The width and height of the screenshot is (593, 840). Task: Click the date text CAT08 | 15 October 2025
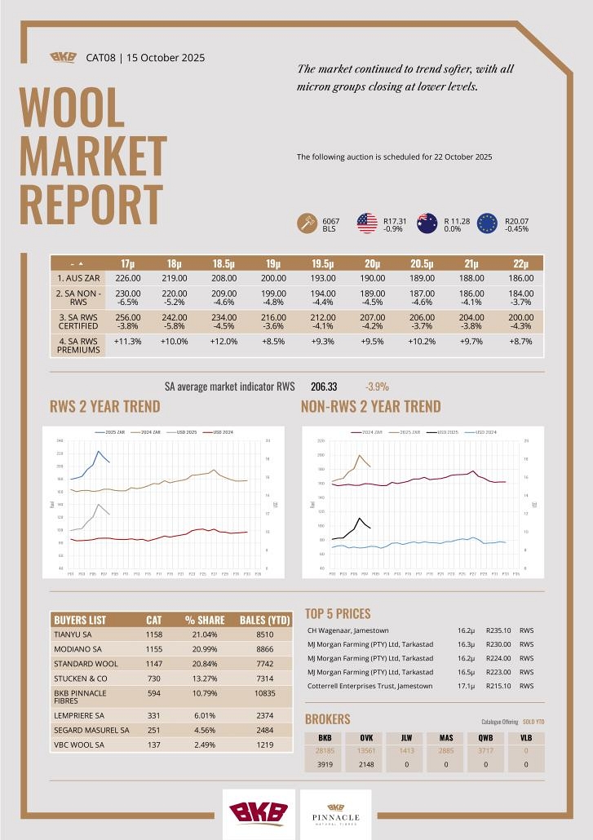(145, 58)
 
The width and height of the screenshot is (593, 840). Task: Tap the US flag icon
(367, 223)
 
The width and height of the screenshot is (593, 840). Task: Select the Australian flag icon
(427, 223)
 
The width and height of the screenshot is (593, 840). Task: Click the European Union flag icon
(487, 223)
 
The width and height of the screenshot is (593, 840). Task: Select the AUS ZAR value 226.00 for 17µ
(129, 278)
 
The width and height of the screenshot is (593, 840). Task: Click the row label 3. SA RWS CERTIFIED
(78, 321)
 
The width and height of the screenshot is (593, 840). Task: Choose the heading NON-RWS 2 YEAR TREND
(370, 406)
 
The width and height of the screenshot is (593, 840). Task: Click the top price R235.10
(498, 630)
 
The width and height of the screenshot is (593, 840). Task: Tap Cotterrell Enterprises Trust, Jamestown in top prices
(370, 686)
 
